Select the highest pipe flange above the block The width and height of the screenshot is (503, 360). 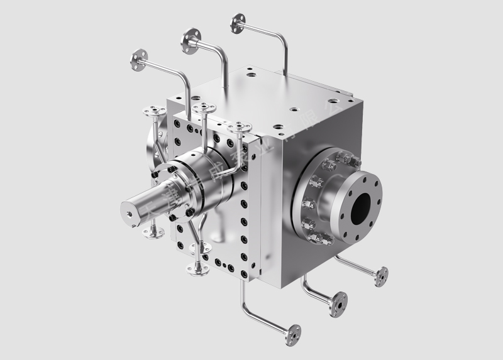point(238,24)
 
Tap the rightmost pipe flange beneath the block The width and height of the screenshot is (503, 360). point(381,276)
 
